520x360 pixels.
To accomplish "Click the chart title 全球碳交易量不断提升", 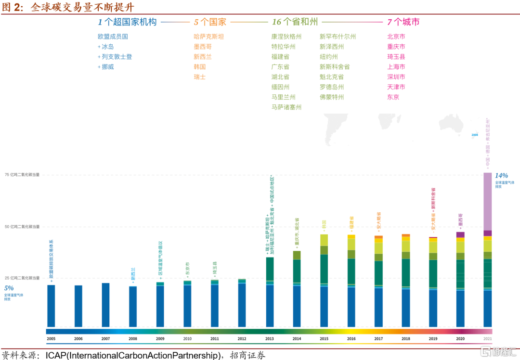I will pyautogui.click(x=82, y=8).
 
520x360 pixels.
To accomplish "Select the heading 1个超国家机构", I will pyautogui.click(x=127, y=22).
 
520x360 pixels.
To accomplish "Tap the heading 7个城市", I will pyautogui.click(x=403, y=22).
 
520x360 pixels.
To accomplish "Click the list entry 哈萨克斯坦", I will pyautogui.click(x=208, y=37).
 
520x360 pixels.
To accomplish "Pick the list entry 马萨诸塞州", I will pyautogui.click(x=286, y=107).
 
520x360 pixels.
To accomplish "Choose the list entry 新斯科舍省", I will pyautogui.click(x=334, y=67).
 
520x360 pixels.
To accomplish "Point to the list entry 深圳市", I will pyautogui.click(x=396, y=77).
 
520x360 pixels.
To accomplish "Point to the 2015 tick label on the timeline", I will pyautogui.click(x=324, y=339).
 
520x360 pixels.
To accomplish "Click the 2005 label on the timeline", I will pyautogui.click(x=51, y=339).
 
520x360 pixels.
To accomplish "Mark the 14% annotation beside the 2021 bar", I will pyautogui.click(x=501, y=176).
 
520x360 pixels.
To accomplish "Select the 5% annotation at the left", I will pyautogui.click(x=9, y=288).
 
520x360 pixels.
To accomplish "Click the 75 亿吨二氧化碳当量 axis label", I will pyautogui.click(x=22, y=175).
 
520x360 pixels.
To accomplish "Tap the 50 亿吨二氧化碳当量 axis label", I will pyautogui.click(x=22, y=226).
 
